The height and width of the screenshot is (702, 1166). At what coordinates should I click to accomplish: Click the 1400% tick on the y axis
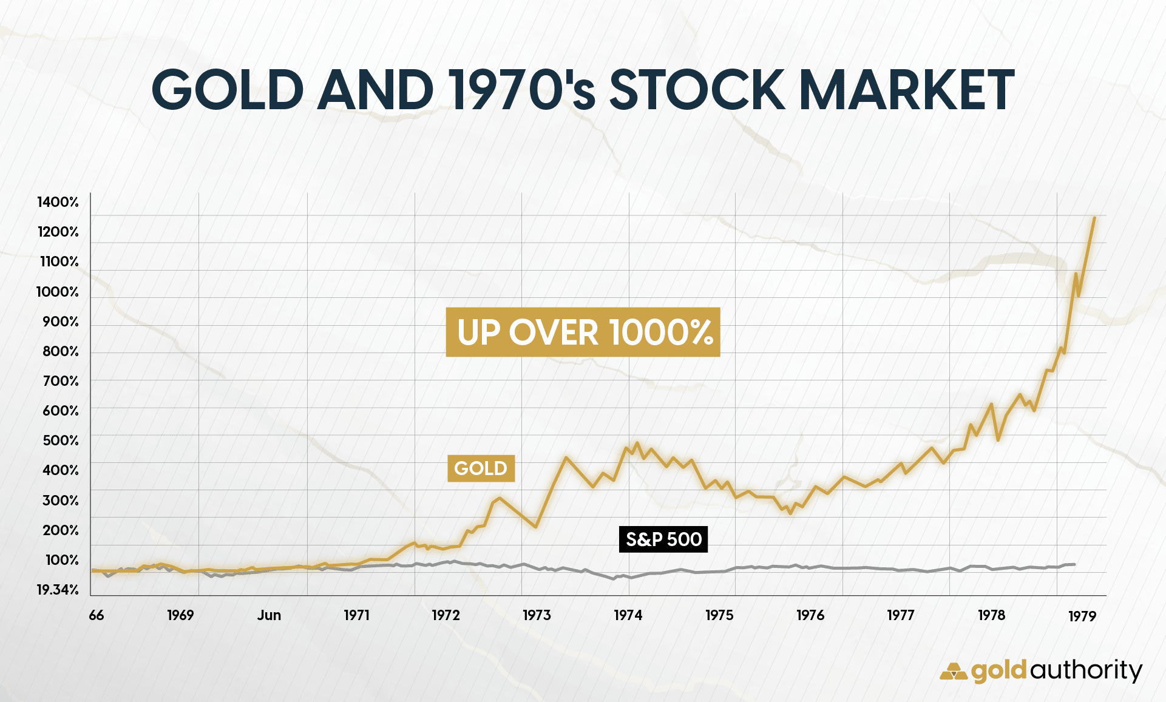click(x=58, y=202)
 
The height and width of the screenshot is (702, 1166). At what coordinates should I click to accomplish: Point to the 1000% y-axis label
click(x=58, y=292)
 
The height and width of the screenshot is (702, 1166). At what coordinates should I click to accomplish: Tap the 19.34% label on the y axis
click(x=58, y=590)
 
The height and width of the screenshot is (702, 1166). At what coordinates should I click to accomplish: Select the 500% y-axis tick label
click(x=61, y=440)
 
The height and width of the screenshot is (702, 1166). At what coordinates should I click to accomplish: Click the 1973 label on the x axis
click(x=537, y=615)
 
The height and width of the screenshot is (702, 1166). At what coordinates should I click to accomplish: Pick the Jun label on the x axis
click(x=269, y=615)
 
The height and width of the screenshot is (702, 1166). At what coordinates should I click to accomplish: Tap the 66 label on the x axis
click(x=97, y=615)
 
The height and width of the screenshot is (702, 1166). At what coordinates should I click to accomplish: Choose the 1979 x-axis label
click(x=1082, y=616)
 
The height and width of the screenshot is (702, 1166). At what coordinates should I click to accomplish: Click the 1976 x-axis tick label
click(x=810, y=615)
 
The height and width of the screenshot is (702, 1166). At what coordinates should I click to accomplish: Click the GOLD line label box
click(x=481, y=468)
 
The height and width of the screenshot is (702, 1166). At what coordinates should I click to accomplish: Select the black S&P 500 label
click(x=663, y=539)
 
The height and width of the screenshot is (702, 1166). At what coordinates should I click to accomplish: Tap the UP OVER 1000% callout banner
click(x=583, y=332)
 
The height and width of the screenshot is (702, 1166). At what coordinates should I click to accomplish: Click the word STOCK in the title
click(x=696, y=90)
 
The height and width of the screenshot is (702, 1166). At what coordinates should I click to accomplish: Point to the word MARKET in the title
click(x=907, y=90)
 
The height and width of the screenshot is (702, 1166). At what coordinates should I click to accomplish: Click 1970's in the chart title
click(x=522, y=90)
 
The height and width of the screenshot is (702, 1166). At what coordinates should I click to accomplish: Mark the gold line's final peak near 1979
click(x=1094, y=218)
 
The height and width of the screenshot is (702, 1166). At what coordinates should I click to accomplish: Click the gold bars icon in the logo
click(x=953, y=672)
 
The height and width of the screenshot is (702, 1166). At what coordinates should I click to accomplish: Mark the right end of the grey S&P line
click(x=1074, y=564)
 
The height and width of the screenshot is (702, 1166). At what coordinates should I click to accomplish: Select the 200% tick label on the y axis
click(x=61, y=530)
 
